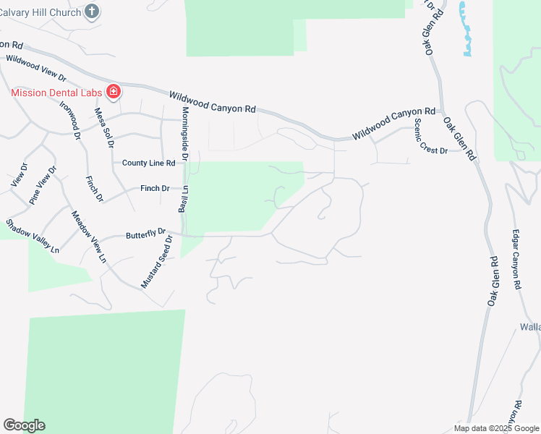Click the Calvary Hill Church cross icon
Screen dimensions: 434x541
(91, 11)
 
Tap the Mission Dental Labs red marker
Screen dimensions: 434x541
(113, 92)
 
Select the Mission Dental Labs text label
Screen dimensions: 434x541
(56, 92)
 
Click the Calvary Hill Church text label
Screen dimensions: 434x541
(40, 11)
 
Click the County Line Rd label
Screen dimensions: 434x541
(148, 163)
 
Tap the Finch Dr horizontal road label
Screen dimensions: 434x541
(155, 188)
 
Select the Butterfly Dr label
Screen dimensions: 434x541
(145, 234)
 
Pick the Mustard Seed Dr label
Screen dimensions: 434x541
(157, 261)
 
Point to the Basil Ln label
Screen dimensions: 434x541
(184, 197)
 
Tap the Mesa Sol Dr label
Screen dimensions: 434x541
(104, 128)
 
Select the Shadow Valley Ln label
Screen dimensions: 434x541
(33, 235)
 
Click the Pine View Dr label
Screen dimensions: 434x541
(43, 184)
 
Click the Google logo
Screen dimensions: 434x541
(24, 425)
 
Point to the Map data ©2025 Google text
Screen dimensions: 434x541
(496, 428)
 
